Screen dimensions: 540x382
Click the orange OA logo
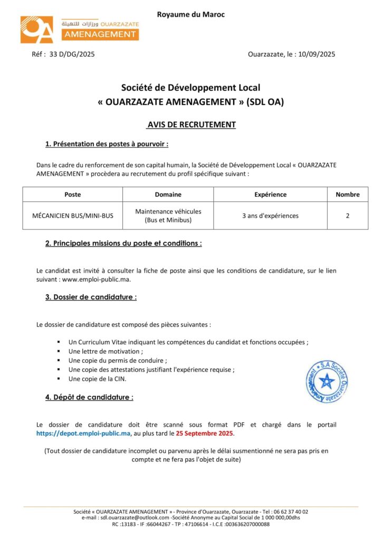(37, 30)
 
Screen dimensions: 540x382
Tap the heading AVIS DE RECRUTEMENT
(191, 125)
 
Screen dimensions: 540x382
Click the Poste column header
(72, 194)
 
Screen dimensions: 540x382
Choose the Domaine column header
(168, 194)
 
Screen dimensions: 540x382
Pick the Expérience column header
(270, 194)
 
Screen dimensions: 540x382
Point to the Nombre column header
(347, 194)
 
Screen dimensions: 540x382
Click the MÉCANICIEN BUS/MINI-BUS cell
(72, 216)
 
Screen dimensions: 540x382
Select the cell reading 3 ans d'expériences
(270, 216)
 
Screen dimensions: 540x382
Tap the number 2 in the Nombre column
(347, 216)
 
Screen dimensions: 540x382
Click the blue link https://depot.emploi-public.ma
(83, 433)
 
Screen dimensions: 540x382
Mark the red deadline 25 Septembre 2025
(204, 433)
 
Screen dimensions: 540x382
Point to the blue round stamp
(327, 382)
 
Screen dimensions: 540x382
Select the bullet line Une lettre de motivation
(106, 351)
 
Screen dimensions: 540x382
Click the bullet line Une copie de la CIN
(97, 379)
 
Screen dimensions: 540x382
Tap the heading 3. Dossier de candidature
(91, 297)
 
